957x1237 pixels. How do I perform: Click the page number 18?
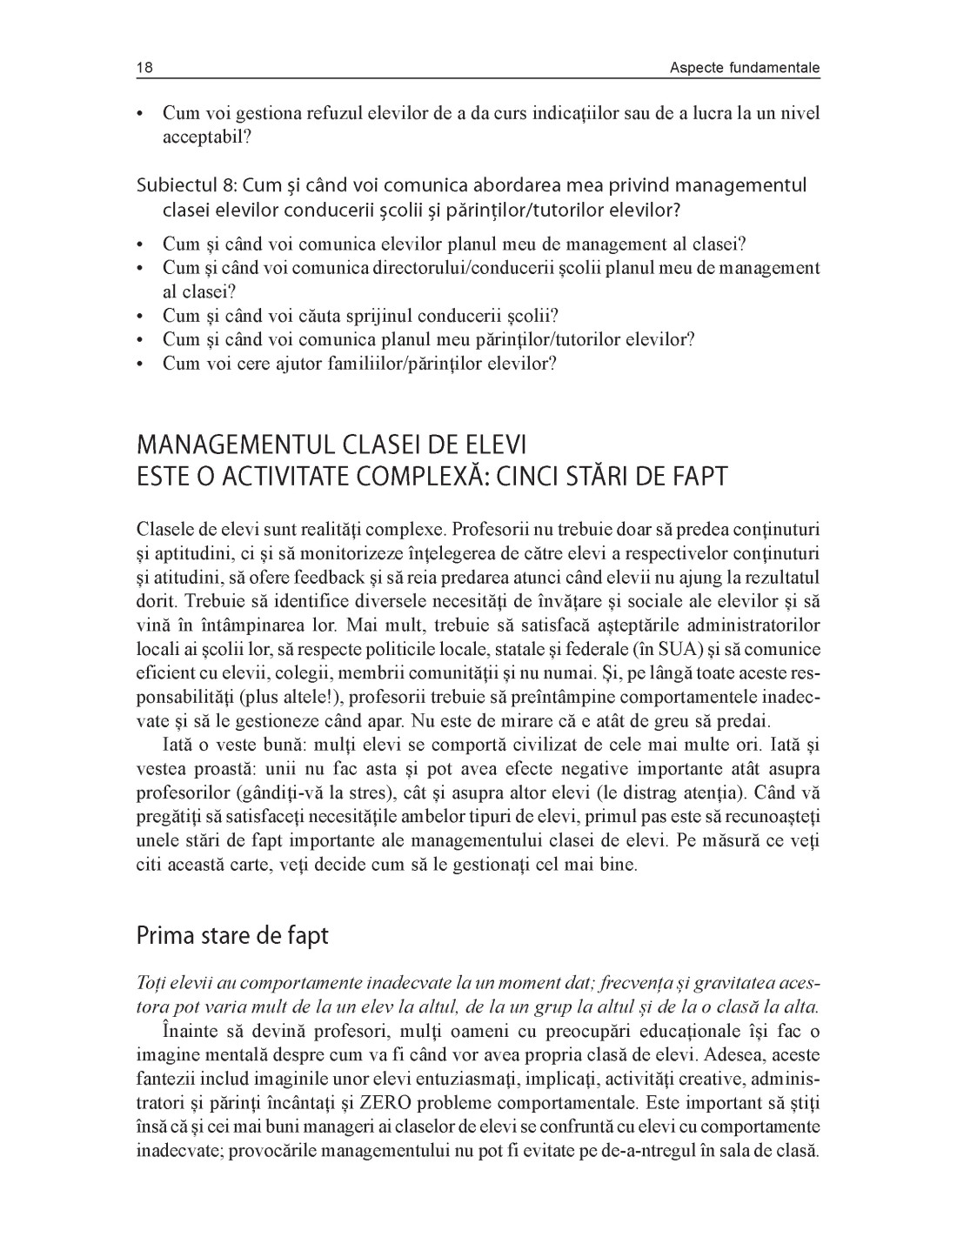pos(144,68)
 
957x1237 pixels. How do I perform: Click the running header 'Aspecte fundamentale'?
pos(745,68)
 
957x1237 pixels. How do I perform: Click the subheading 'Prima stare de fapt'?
pos(232,936)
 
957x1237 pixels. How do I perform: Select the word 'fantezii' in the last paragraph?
pos(164,1080)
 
